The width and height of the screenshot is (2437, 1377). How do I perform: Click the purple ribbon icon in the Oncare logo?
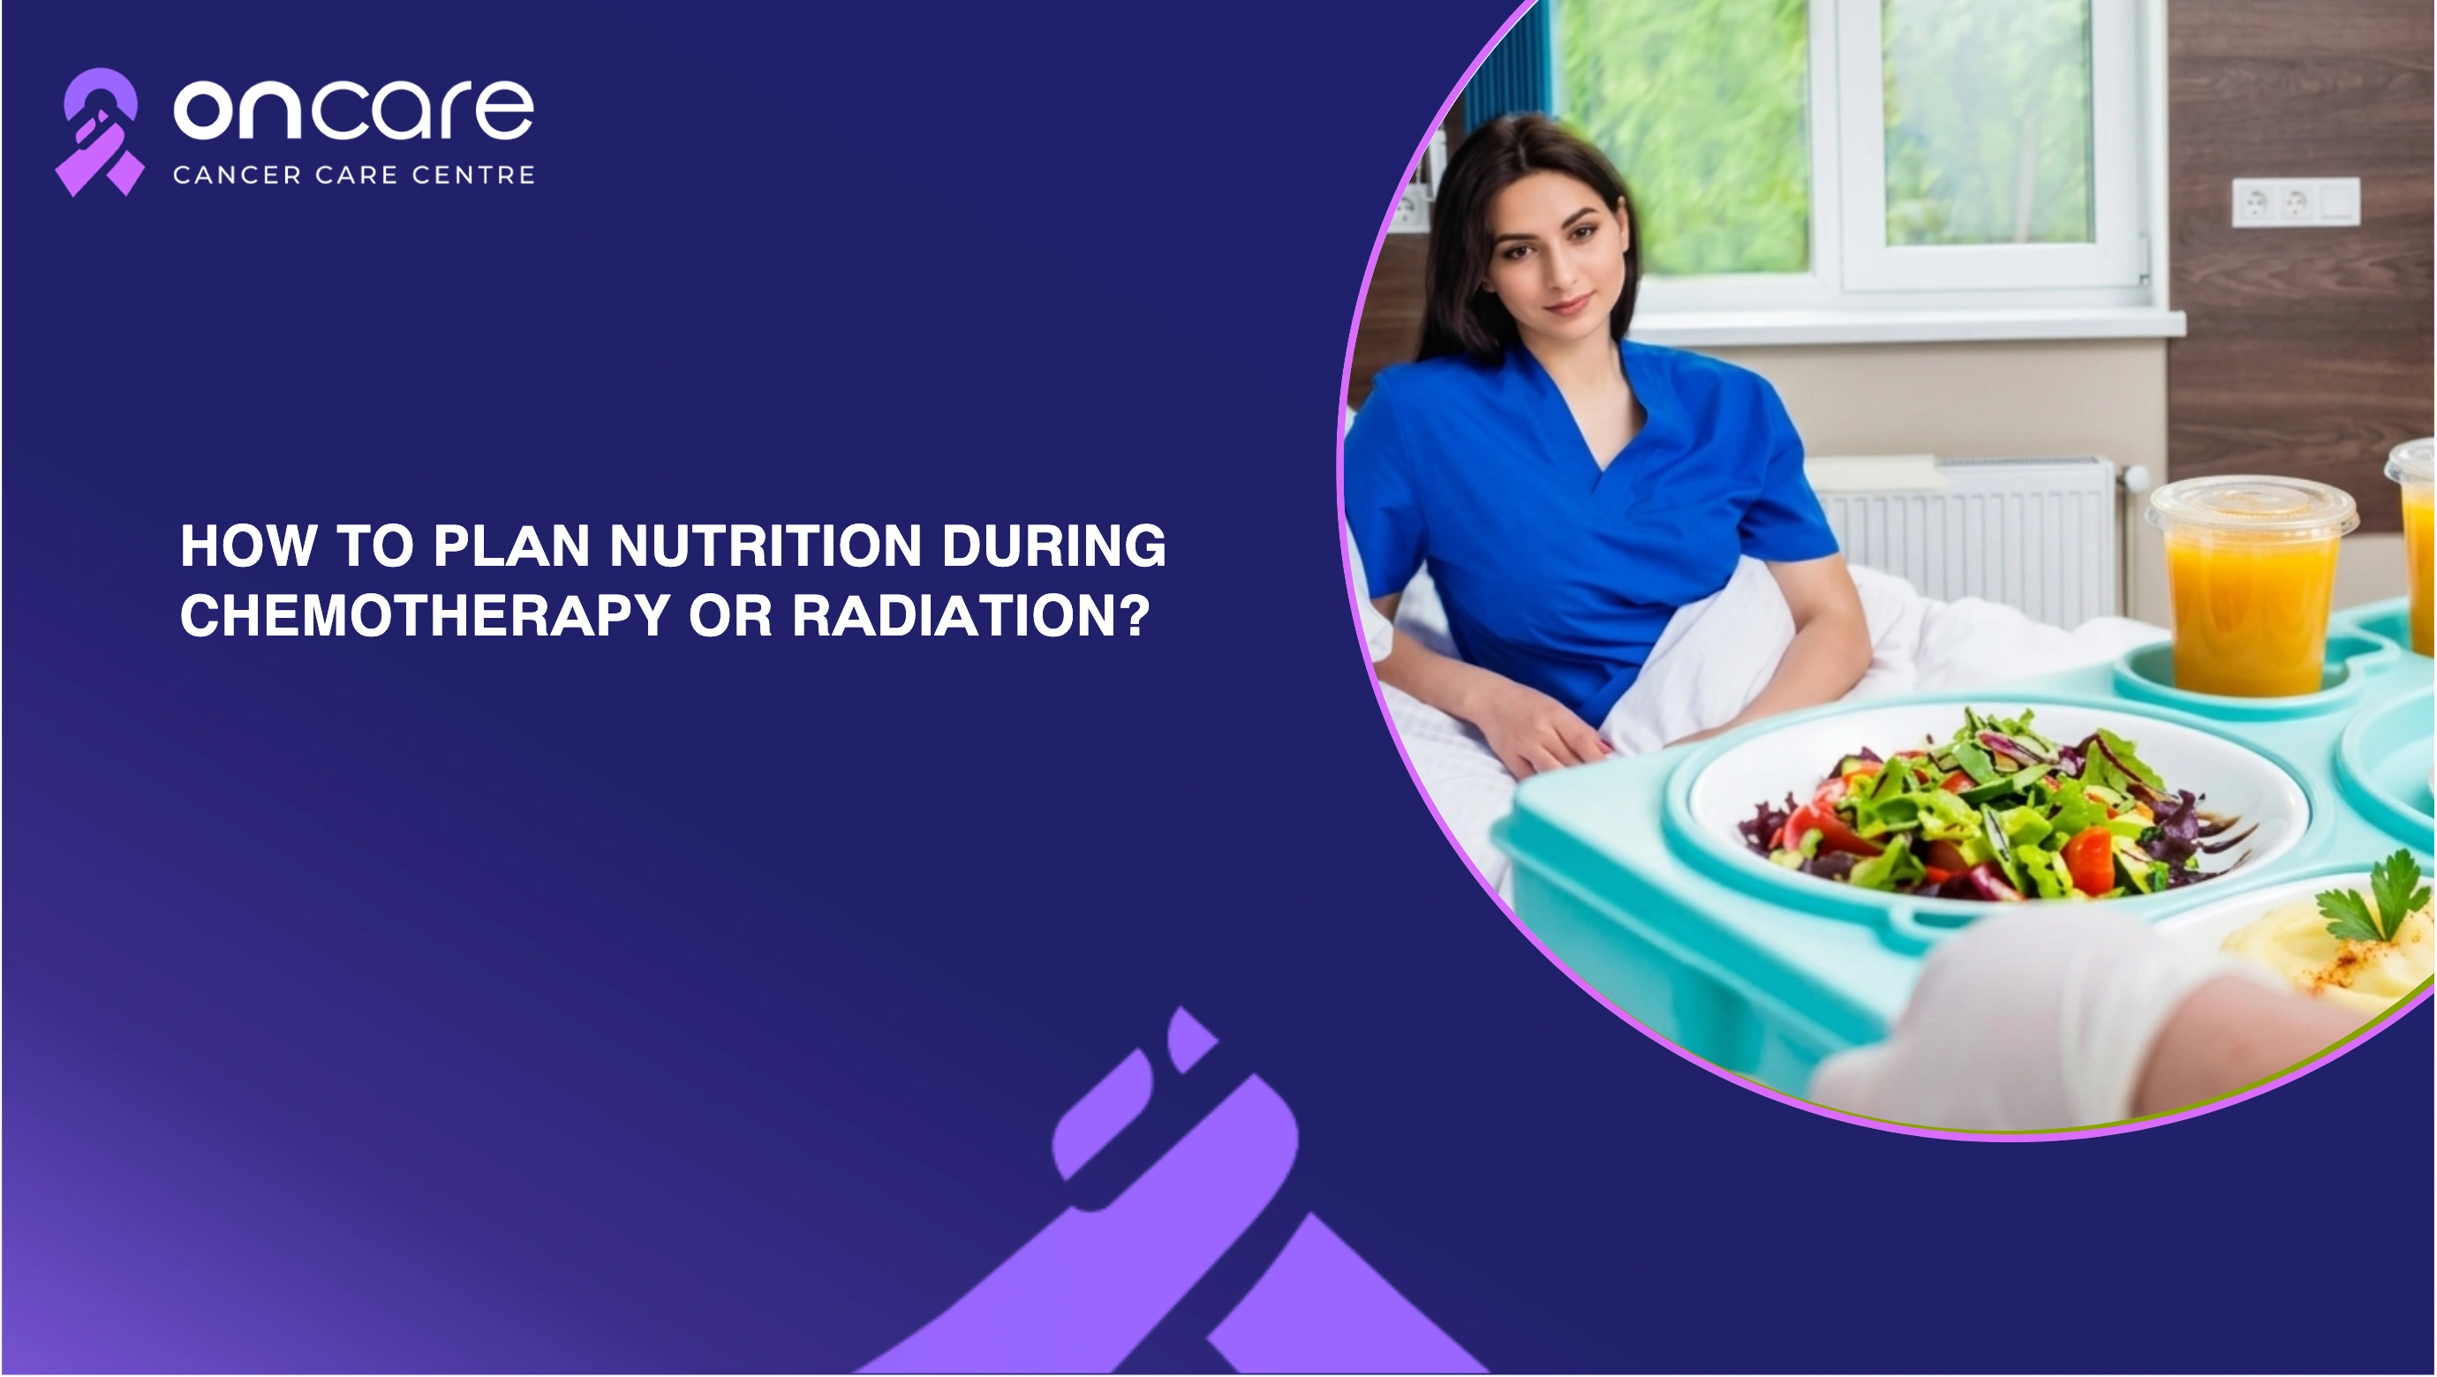click(99, 132)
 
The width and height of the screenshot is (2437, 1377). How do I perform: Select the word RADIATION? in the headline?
click(970, 616)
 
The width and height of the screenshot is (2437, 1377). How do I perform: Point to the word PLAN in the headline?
click(512, 546)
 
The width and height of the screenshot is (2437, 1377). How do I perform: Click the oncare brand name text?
click(354, 109)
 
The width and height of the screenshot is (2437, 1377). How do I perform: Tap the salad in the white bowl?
click(1996, 809)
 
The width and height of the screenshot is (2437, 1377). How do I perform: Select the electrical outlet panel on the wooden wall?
click(2295, 202)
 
